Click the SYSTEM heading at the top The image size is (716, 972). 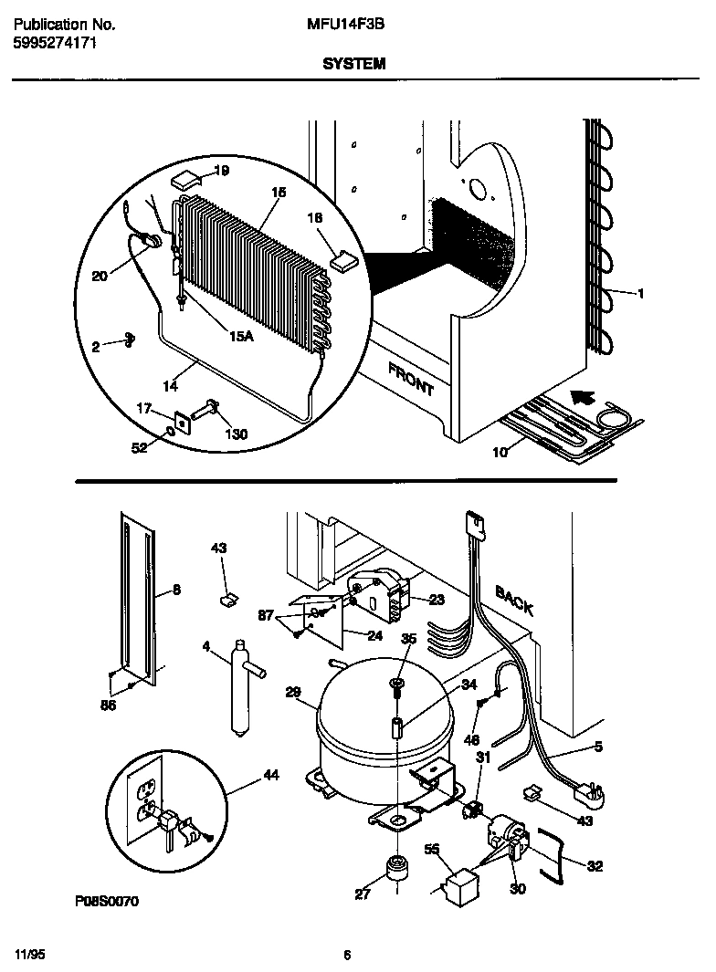pos(353,64)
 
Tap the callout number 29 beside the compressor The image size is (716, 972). pos(293,693)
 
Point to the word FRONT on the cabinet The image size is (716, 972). pos(411,379)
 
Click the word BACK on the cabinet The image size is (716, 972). pos(514,600)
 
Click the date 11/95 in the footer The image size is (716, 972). pos(29,954)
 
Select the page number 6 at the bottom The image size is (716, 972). pos(347,955)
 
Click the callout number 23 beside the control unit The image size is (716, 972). pos(437,599)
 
